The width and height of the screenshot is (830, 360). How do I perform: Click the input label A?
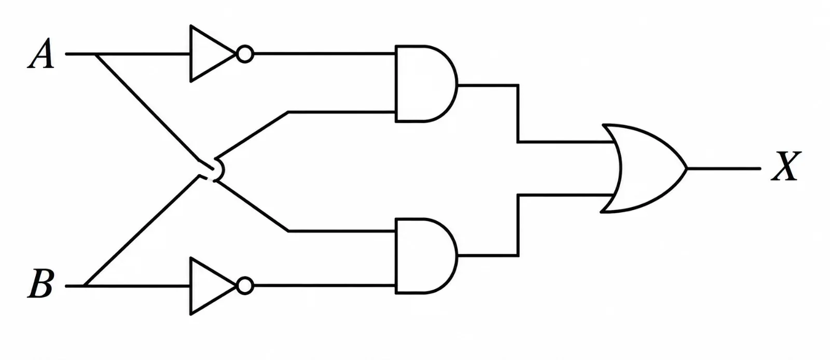pyautogui.click(x=41, y=53)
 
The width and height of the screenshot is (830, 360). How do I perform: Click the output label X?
pyautogui.click(x=786, y=166)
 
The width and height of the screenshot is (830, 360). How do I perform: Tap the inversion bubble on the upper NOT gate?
pyautogui.click(x=245, y=54)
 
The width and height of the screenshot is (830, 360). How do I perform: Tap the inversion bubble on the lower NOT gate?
pyautogui.click(x=245, y=286)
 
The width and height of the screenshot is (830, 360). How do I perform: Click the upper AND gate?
pyautogui.click(x=426, y=84)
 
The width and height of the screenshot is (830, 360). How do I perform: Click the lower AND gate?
pyautogui.click(x=426, y=256)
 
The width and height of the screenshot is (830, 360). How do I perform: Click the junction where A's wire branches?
pyautogui.click(x=95, y=54)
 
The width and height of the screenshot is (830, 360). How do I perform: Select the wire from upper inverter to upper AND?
pyautogui.click(x=324, y=54)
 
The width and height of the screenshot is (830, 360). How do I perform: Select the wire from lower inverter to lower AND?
pyautogui.click(x=324, y=286)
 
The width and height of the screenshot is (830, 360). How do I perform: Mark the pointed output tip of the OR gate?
pyautogui.click(x=687, y=169)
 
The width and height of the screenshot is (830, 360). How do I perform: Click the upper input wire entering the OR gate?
pyautogui.click(x=565, y=142)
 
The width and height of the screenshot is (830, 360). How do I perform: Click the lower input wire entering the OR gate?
pyautogui.click(x=565, y=195)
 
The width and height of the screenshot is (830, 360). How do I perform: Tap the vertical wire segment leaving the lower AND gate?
pyautogui.click(x=518, y=225)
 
